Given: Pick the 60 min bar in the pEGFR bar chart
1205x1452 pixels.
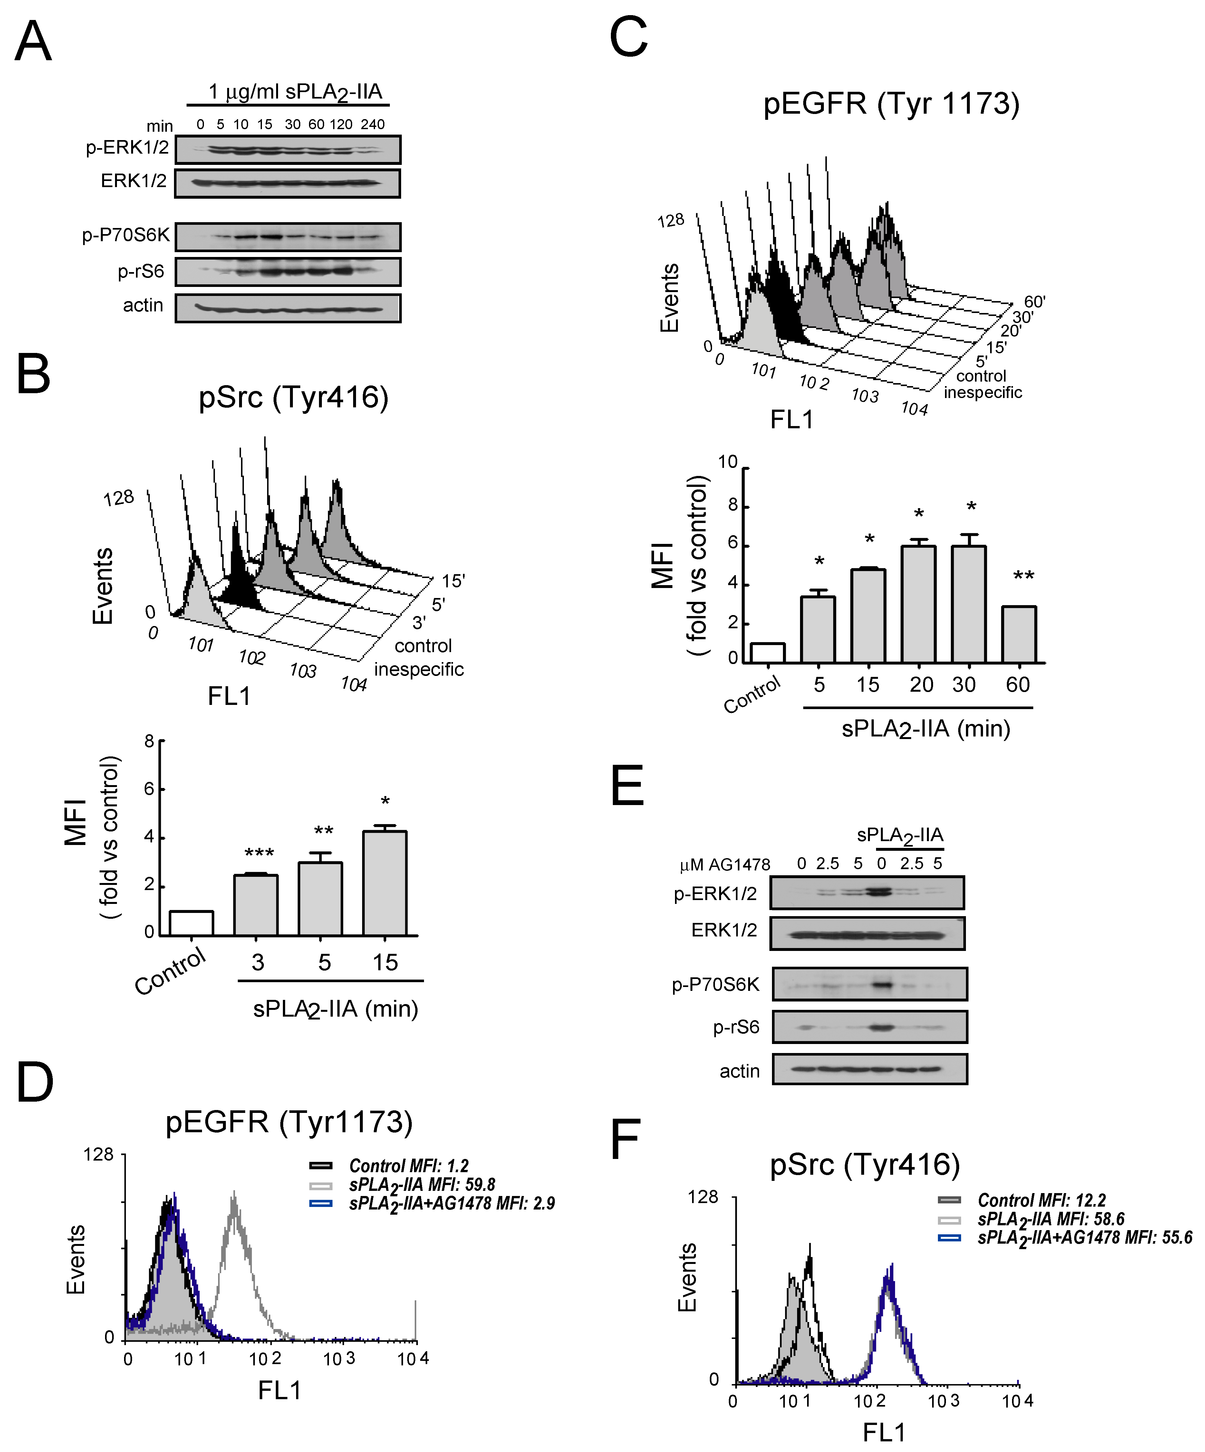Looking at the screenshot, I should pos(1018,635).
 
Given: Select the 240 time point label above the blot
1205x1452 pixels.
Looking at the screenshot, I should pos(372,124).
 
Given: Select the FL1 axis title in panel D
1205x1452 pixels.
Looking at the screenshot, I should pos(279,1390).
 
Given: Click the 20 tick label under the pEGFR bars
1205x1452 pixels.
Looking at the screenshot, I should pos(921,685).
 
